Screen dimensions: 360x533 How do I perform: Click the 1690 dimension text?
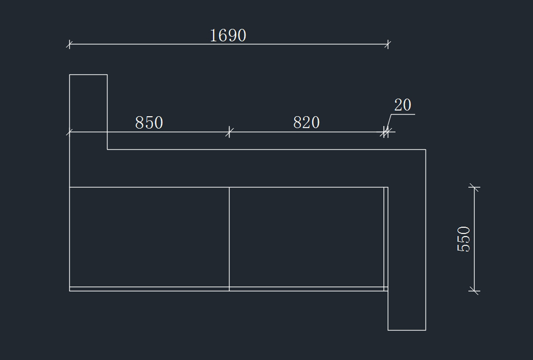(227, 36)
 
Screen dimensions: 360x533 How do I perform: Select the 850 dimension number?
(149, 123)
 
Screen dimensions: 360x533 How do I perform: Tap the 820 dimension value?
(306, 122)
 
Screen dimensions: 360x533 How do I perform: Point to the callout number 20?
(402, 105)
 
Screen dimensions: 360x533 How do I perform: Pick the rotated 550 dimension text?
(463, 239)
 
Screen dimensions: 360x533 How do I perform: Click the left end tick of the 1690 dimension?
(69, 44)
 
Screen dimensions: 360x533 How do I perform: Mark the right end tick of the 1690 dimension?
(388, 44)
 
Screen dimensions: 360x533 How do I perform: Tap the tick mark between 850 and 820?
(229, 132)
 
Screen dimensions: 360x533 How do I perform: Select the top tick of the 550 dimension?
(474, 187)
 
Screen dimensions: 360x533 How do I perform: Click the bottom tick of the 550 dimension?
(474, 291)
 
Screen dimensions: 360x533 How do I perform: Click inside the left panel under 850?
(149, 237)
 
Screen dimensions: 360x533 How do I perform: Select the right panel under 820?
(306, 237)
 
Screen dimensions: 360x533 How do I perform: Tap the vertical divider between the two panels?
(229, 237)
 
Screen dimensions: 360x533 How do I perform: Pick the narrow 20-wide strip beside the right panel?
(386, 237)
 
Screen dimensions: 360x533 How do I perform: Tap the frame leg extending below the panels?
(407, 311)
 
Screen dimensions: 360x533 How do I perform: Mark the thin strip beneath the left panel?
(149, 289)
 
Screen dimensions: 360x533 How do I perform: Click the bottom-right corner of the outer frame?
(426, 330)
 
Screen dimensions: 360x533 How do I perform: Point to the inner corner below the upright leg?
(107, 150)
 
